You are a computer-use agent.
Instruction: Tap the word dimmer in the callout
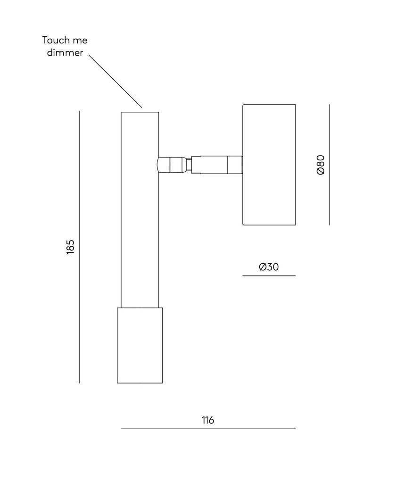tap(65, 53)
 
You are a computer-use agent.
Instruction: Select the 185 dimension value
tap(71, 247)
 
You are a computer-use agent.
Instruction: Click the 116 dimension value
tap(208, 420)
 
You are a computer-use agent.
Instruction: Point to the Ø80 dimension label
tap(321, 165)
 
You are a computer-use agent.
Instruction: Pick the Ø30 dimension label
tap(269, 267)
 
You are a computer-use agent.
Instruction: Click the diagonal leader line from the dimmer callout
tap(115, 81)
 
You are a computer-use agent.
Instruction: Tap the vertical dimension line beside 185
tap(79, 247)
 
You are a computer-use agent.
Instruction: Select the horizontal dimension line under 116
tap(208, 429)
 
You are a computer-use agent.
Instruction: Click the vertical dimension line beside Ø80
tap(330, 165)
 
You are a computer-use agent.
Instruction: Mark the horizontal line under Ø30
tap(269, 275)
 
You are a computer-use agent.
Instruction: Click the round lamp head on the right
tap(269, 165)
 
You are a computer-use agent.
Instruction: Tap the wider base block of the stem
tap(140, 345)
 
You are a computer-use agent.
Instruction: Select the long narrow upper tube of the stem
tap(140, 210)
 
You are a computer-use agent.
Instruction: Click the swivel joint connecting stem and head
tap(200, 165)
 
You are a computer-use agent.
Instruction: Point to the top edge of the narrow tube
tap(140, 112)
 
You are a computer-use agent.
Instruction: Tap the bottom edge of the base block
tap(140, 383)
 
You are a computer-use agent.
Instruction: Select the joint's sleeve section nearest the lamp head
tap(235, 165)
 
